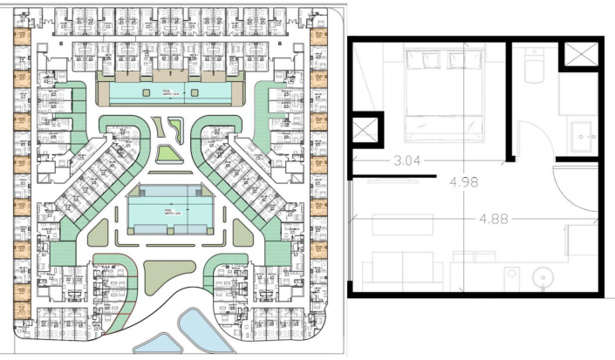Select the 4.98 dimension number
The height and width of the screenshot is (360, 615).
tap(465, 182)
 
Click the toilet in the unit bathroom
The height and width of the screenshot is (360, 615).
tap(535, 66)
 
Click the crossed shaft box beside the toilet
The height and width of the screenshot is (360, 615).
tap(580, 54)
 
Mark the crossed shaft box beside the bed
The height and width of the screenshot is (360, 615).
tap(365, 133)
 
